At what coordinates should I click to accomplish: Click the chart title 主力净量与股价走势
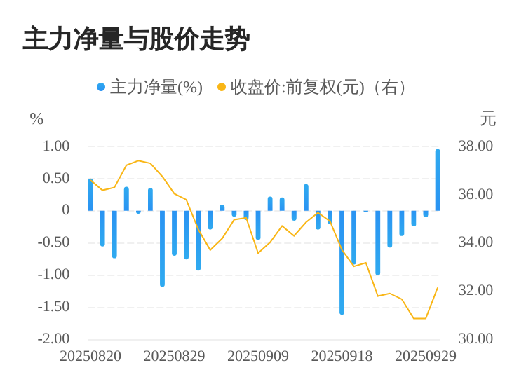[136, 40]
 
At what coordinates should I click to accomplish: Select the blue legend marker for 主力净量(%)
[101, 88]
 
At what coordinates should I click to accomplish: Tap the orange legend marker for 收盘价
[222, 88]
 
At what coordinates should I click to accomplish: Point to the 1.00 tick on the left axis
[56, 146]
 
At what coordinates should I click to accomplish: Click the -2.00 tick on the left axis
[54, 338]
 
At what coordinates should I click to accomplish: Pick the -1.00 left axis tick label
[54, 274]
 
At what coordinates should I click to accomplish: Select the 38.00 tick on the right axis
[476, 146]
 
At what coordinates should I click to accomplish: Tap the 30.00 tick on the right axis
[476, 338]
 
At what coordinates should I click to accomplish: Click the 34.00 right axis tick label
[476, 242]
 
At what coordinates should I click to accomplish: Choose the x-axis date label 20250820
[90, 356]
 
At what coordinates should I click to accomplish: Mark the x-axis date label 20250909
[258, 356]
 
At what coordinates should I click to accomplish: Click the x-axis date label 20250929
[426, 356]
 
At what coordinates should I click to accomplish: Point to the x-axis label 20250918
[342, 356]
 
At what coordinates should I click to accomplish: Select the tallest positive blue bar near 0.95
[438, 180]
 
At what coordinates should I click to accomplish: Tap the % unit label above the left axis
[36, 119]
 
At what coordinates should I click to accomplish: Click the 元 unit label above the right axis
[488, 119]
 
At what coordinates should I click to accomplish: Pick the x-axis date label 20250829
[174, 356]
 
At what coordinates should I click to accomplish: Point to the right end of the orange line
[438, 288]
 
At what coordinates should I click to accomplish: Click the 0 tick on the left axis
[66, 210]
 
